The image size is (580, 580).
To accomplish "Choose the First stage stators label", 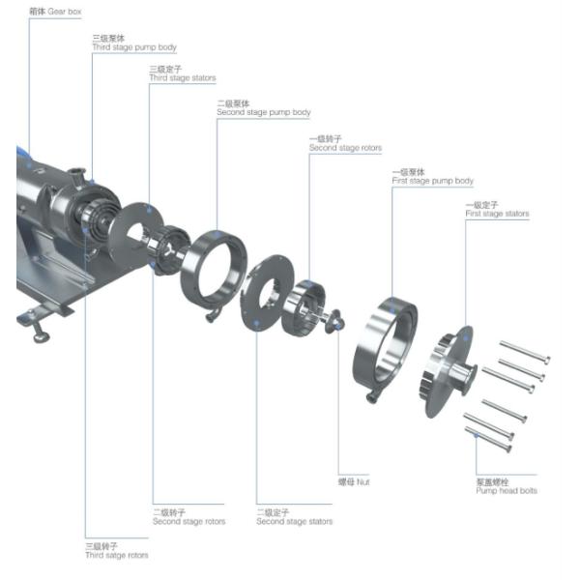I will click(x=497, y=210).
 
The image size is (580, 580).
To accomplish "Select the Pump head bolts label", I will click(x=506, y=486).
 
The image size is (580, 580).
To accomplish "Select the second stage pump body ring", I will click(x=214, y=270).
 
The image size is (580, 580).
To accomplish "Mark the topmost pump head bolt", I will click(x=525, y=350).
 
